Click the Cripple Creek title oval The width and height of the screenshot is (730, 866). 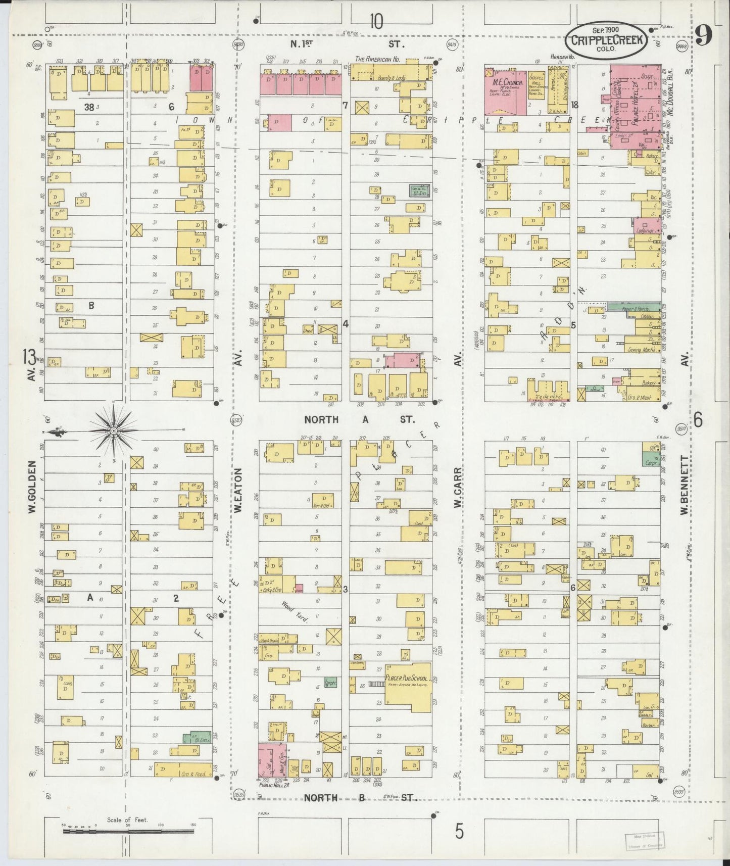coord(606,39)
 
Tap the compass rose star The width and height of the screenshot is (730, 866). coord(114,430)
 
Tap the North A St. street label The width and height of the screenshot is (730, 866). coord(359,419)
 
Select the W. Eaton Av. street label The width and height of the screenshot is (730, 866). coord(237,490)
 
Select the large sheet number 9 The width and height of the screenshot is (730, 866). coord(703,35)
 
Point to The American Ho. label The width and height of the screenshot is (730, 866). coord(377,59)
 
